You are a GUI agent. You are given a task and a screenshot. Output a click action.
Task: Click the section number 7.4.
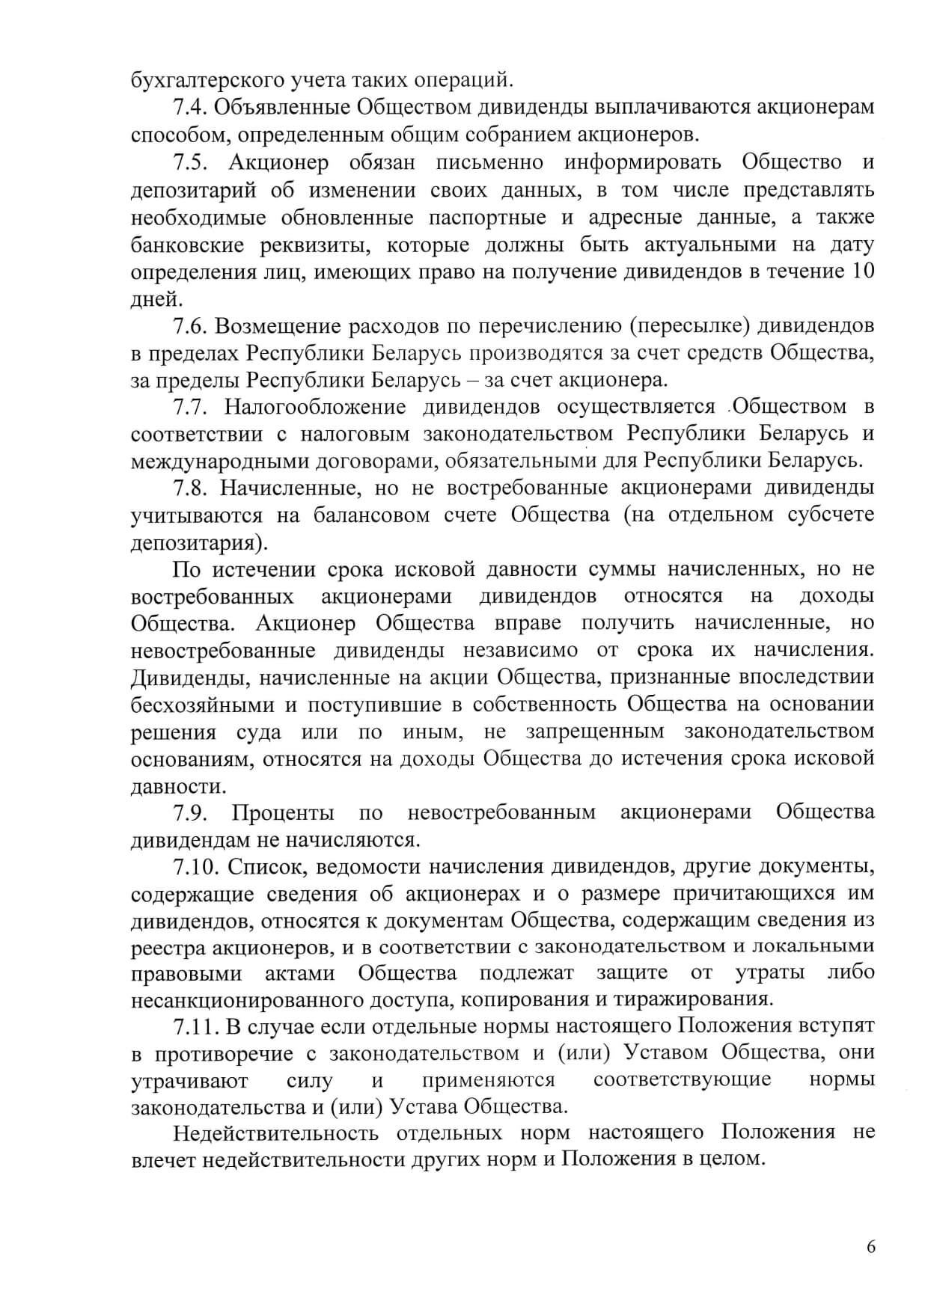pos(190,107)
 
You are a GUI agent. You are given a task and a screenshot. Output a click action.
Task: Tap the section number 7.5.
pos(192,162)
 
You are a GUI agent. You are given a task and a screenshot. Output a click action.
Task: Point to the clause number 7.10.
pos(198,866)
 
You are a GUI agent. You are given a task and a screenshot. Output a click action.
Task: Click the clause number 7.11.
pos(197,1025)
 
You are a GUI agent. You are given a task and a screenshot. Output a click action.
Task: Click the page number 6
pos(870,1246)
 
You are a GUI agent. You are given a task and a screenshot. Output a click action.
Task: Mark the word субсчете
pos(832,515)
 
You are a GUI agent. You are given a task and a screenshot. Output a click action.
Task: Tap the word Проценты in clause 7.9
pos(283,812)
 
